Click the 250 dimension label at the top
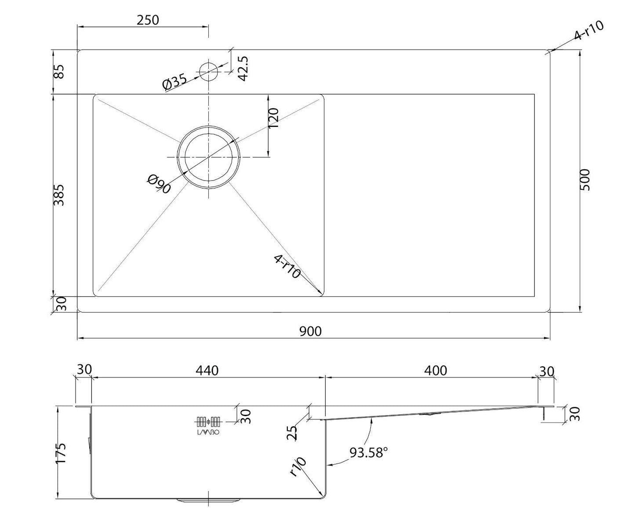[148, 20]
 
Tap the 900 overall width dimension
[310, 331]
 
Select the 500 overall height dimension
[584, 180]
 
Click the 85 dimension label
[59, 72]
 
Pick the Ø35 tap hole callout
[175, 81]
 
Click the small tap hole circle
[209, 72]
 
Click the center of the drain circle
[209, 157]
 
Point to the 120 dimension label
[273, 118]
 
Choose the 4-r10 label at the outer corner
[589, 30]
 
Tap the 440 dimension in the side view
[207, 370]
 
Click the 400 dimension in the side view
[435, 370]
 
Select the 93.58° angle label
[368, 452]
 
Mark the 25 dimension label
[292, 433]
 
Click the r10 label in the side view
[298, 470]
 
